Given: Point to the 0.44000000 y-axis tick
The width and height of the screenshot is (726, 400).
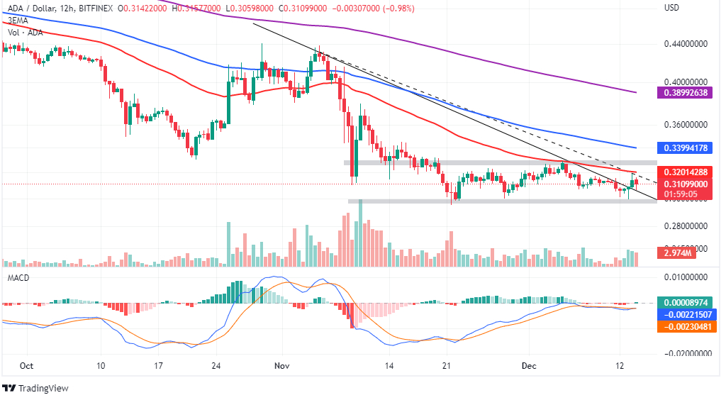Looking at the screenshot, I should (685, 43).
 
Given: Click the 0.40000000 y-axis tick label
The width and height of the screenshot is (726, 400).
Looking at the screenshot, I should (685, 83).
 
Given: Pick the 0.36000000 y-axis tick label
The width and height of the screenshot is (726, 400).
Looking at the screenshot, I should (685, 125).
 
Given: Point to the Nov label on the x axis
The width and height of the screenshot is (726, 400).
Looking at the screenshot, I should (282, 366).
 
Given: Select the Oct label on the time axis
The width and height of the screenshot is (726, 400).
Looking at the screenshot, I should (26, 366).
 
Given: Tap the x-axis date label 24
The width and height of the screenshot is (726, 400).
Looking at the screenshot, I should (218, 366).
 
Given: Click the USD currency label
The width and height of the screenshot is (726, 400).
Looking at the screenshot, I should (672, 8).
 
